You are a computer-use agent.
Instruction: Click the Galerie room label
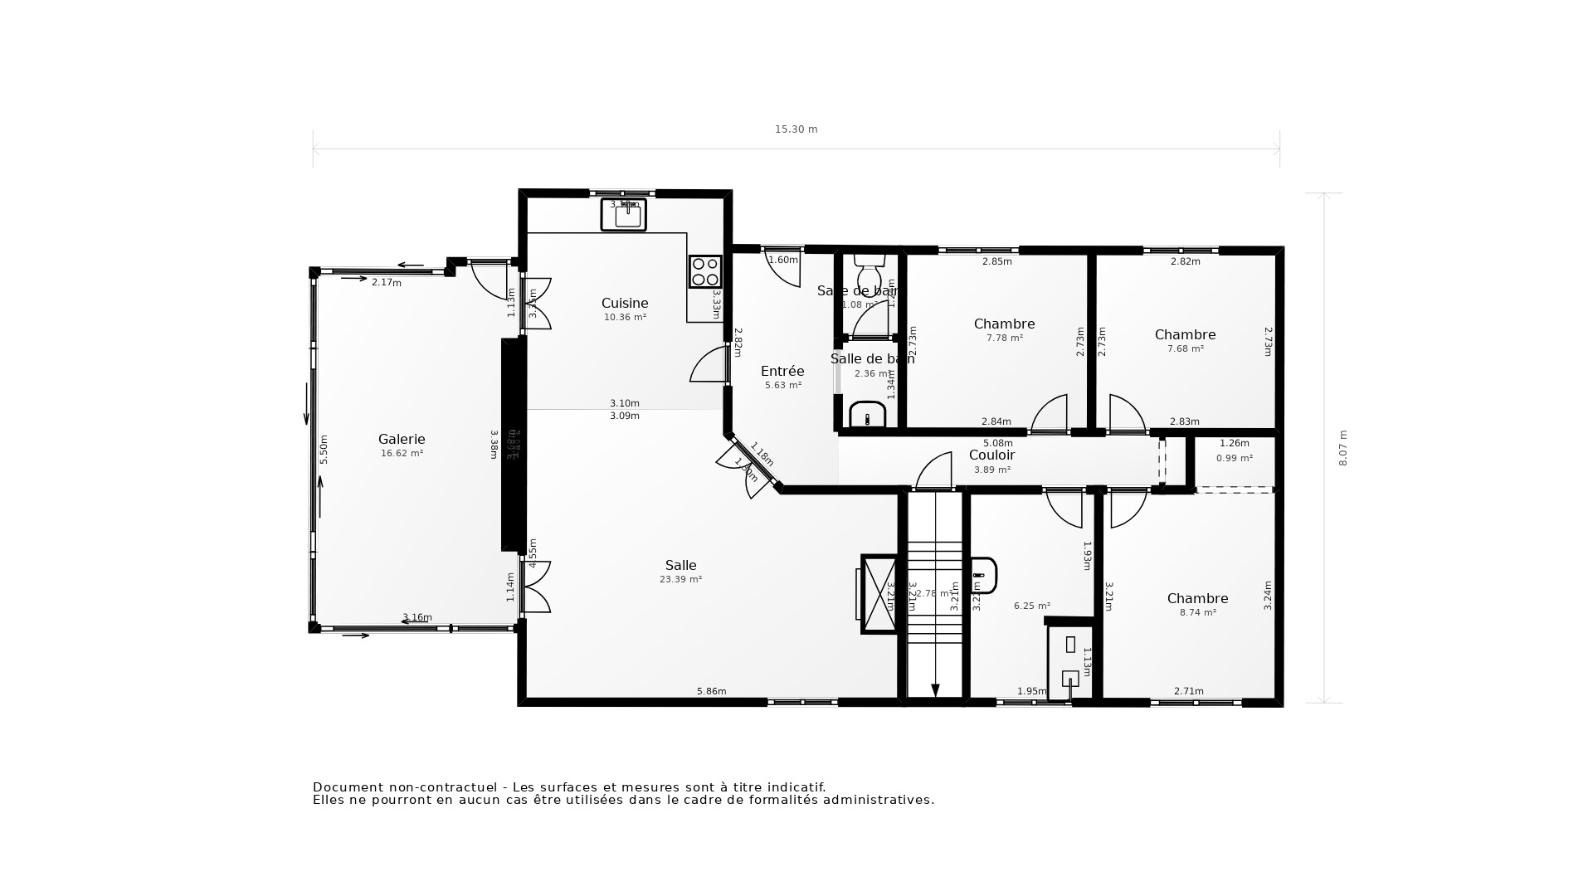coord(402,440)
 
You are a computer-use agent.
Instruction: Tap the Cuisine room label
coord(625,304)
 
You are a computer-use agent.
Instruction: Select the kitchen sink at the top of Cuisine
coord(623,216)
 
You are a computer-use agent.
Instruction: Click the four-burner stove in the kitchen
coord(705,271)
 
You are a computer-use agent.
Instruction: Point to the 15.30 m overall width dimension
coord(796,129)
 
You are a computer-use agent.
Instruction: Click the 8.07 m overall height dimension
coord(1343,448)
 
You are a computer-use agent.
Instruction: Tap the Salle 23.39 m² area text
coord(680,580)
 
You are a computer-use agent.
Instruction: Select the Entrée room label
coord(782,372)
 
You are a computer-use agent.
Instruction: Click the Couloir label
coord(991,455)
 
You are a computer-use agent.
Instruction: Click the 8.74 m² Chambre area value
coord(1197,613)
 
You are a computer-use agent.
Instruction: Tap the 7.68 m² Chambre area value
coord(1185,349)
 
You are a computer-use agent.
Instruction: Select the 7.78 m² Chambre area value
coord(1004,338)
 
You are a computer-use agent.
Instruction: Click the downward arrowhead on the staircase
coord(935,690)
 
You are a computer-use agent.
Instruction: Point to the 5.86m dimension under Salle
coord(711,692)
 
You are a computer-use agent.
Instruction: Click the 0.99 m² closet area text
coord(1234,459)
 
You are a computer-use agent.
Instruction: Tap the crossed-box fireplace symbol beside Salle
coord(879,594)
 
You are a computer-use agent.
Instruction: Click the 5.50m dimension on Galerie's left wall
coord(324,449)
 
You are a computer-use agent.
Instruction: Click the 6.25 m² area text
coord(1031,606)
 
